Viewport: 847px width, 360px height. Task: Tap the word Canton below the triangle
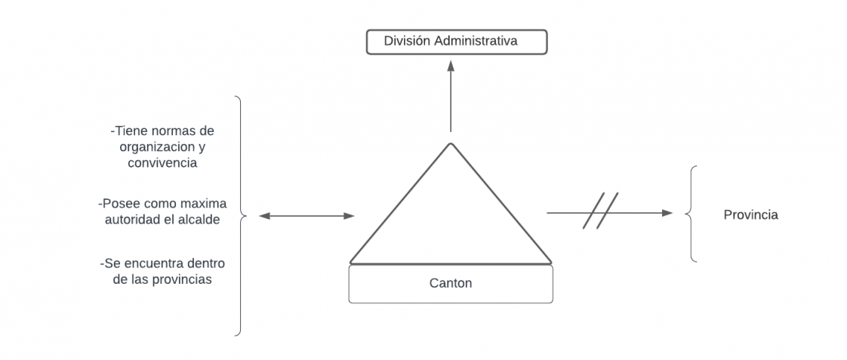pos(450,283)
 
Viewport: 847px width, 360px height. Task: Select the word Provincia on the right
pos(750,215)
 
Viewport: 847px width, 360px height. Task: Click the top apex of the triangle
pos(451,143)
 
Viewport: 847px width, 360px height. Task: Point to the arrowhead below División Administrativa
pos(451,66)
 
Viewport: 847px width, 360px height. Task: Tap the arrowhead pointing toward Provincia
pos(667,213)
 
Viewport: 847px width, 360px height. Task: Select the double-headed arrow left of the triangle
pos(306,216)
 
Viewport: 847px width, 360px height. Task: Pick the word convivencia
pos(162,162)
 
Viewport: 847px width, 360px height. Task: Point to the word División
pos(407,41)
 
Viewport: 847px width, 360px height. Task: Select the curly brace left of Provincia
pos(691,214)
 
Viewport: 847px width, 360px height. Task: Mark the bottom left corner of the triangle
pos(351,262)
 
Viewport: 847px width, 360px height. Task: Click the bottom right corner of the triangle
pos(550,262)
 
